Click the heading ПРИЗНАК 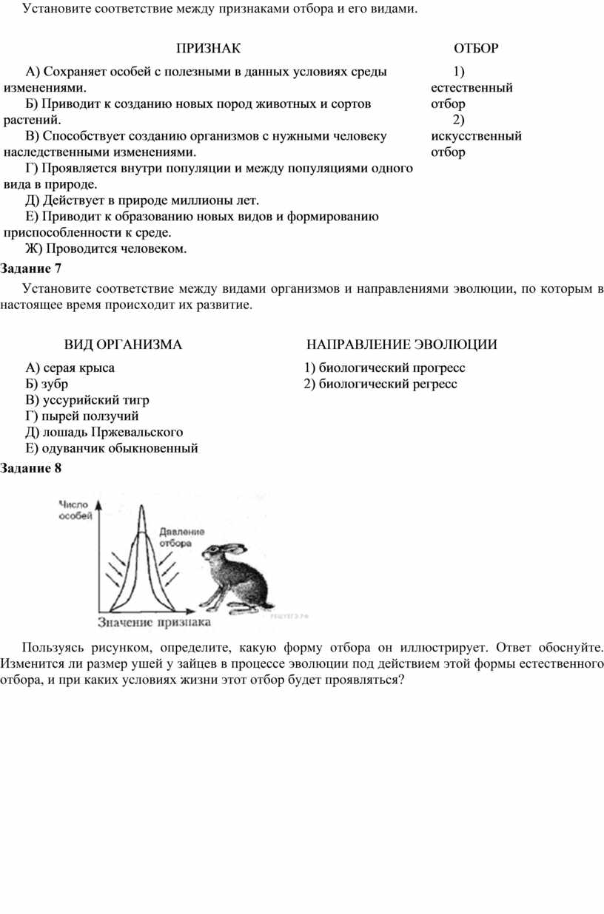pos(208,49)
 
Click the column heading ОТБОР pos(475,49)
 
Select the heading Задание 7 pos(31,268)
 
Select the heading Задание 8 pos(31,467)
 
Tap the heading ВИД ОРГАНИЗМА pos(123,345)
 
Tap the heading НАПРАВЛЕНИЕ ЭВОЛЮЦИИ pos(402,345)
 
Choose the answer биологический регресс pos(380,384)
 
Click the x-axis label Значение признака pos(147,623)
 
